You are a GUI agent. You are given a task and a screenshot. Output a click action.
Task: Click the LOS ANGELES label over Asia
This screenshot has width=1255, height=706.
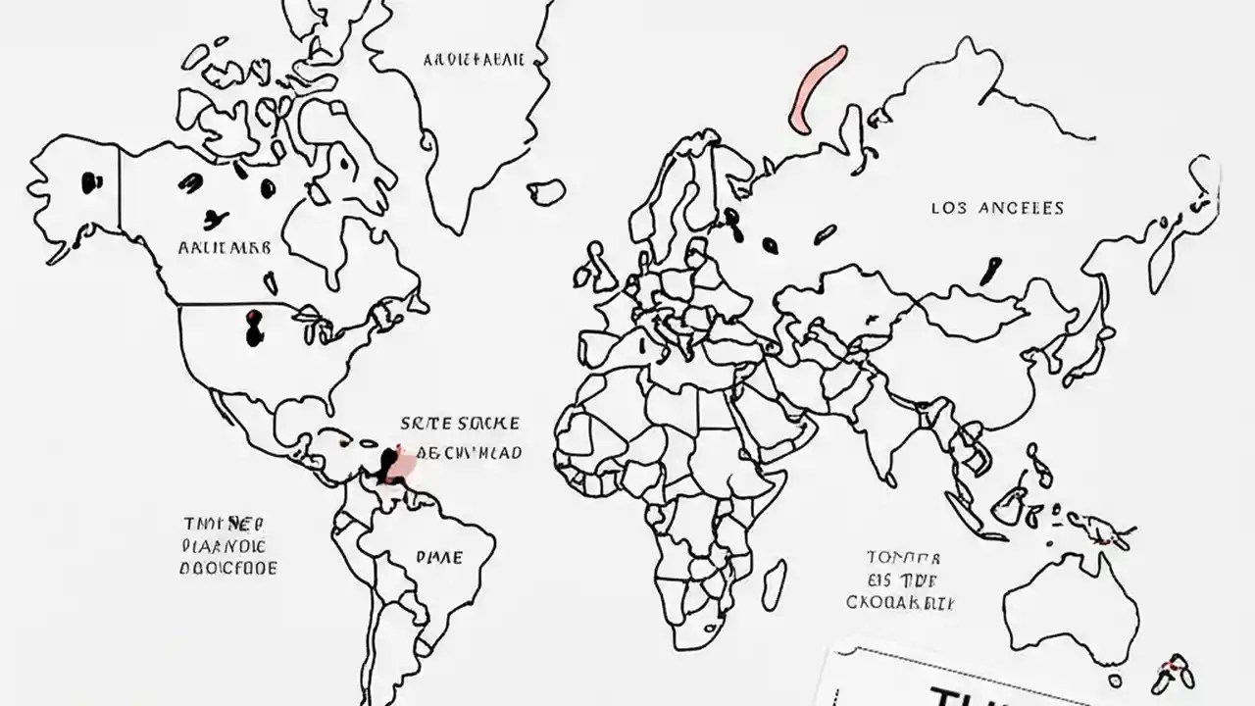(x=996, y=208)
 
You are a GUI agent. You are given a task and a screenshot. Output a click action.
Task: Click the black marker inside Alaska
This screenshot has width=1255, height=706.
(x=91, y=180)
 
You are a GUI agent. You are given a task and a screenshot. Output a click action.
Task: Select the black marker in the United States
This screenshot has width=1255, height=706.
(x=255, y=329)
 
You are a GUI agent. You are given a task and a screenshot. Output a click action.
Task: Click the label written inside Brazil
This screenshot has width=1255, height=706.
(x=439, y=557)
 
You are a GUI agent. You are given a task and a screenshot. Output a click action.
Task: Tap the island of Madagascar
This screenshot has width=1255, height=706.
(x=774, y=584)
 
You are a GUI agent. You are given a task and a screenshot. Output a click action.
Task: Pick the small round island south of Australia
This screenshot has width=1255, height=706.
(x=1115, y=680)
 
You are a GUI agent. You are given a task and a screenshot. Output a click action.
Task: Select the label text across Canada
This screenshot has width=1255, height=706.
(x=225, y=248)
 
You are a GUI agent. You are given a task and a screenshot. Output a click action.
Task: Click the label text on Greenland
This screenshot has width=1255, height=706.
(x=474, y=60)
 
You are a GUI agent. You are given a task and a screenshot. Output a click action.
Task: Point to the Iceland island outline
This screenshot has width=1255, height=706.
(x=546, y=191)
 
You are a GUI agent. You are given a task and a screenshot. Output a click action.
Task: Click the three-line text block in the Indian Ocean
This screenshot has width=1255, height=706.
(x=901, y=580)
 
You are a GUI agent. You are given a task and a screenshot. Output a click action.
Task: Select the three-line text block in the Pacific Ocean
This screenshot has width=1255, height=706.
(x=228, y=546)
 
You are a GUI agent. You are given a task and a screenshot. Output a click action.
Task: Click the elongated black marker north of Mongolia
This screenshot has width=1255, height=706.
(x=991, y=270)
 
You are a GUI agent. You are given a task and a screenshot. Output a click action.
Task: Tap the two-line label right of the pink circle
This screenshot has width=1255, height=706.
(x=461, y=438)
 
